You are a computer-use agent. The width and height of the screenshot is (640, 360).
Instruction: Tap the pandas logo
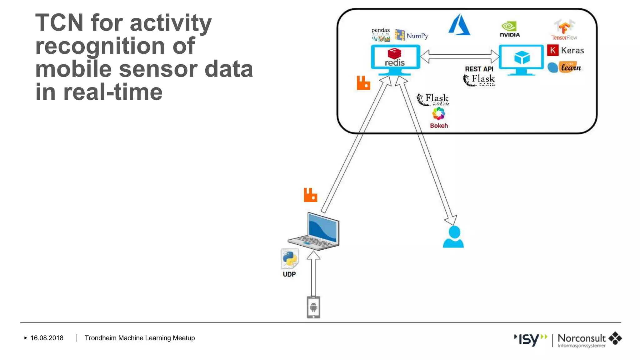pos(381,34)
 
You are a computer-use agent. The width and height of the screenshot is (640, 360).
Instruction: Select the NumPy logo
pos(411,35)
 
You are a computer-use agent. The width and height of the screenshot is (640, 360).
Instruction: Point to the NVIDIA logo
pos(509,30)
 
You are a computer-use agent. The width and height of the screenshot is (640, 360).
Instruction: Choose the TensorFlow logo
pos(564,30)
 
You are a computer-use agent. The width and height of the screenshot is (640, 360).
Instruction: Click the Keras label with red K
pos(566,50)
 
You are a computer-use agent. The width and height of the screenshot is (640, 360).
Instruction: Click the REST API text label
pos(479,69)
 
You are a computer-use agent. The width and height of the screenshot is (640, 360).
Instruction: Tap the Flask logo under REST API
pos(479,80)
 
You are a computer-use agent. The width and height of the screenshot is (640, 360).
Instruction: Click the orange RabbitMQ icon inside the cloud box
pos(363,83)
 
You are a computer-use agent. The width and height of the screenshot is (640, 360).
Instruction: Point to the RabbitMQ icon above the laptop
pos(310,195)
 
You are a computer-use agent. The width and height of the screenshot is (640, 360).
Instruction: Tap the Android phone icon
pos(313,307)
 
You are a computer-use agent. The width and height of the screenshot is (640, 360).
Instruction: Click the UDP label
pos(289,274)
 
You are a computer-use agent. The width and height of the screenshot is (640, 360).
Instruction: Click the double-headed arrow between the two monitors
pos(460,57)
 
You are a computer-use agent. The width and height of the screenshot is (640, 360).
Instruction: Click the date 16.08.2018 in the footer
pos(47,338)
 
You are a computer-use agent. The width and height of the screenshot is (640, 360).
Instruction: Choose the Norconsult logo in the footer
pos(589,339)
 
